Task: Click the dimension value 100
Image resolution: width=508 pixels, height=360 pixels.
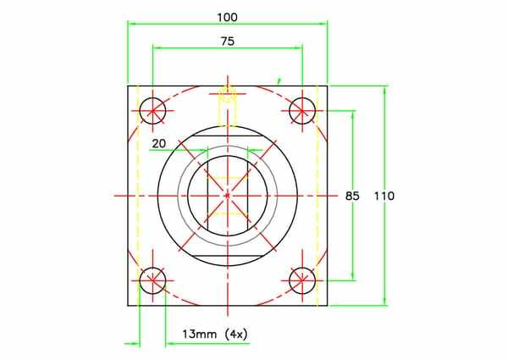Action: coord(227,17)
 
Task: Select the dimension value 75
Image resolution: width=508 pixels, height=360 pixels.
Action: coord(228,42)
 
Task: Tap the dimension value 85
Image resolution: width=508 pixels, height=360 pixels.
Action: coord(352,196)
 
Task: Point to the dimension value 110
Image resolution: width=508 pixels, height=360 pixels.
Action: coord(384,196)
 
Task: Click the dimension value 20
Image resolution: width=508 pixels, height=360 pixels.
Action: coord(159,143)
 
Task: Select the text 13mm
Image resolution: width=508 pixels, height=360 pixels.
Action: coord(200,334)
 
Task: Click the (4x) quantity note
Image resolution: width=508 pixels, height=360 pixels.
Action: coord(236,334)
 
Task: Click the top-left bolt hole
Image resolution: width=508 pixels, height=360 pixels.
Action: coord(152,111)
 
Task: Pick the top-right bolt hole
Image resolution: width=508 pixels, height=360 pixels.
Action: coord(302,111)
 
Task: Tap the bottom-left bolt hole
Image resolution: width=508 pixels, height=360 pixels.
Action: coord(152,280)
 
